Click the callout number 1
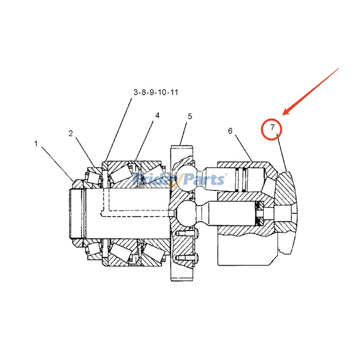pos(36,144)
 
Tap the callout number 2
pos(71,133)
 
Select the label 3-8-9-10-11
pos(156,92)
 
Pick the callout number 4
pos(157,116)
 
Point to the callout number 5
pos(190,117)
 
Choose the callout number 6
pos(230,131)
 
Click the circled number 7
pos(273,127)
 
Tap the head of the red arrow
pos(283,114)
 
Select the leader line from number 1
pos(58,164)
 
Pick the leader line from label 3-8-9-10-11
pos(118,130)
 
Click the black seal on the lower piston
pos(260,213)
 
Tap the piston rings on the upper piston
pos(242,180)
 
